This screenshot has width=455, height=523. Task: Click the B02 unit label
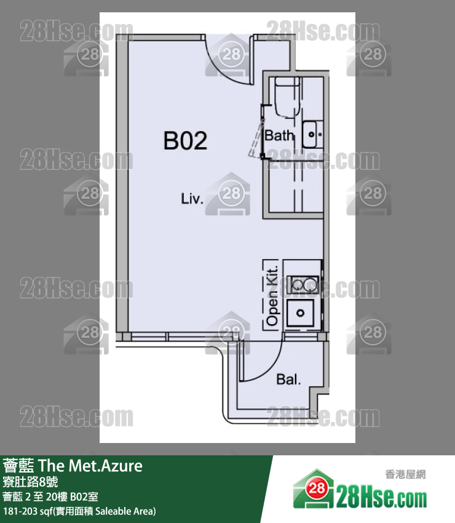point(185,140)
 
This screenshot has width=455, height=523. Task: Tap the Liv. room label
point(192,199)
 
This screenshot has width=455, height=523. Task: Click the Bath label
point(279,135)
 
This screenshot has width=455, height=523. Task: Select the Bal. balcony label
point(288,379)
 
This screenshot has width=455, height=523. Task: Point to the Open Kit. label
point(272,295)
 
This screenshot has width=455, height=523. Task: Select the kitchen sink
point(300,313)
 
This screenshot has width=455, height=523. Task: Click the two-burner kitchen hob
point(303,284)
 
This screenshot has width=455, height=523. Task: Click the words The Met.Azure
point(90,466)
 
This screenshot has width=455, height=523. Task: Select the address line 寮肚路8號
point(30,482)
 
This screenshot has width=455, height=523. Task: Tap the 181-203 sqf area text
point(79,511)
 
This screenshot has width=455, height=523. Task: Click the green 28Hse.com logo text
point(381,498)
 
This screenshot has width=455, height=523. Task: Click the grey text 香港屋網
point(405,474)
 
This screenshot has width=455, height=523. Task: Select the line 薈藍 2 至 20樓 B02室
point(50,497)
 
